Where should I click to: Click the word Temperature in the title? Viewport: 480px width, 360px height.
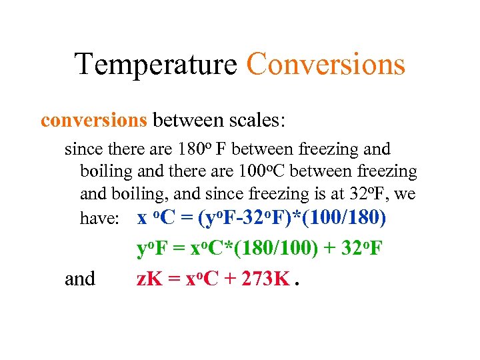pos(155,65)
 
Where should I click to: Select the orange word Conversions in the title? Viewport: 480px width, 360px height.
pos(325,65)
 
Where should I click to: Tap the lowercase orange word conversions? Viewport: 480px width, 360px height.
pos(93,120)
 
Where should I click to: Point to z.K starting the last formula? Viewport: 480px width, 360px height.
pos(149,278)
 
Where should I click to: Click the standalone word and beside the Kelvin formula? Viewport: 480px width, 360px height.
pos(79,278)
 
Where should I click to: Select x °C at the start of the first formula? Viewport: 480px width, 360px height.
pos(156,217)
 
